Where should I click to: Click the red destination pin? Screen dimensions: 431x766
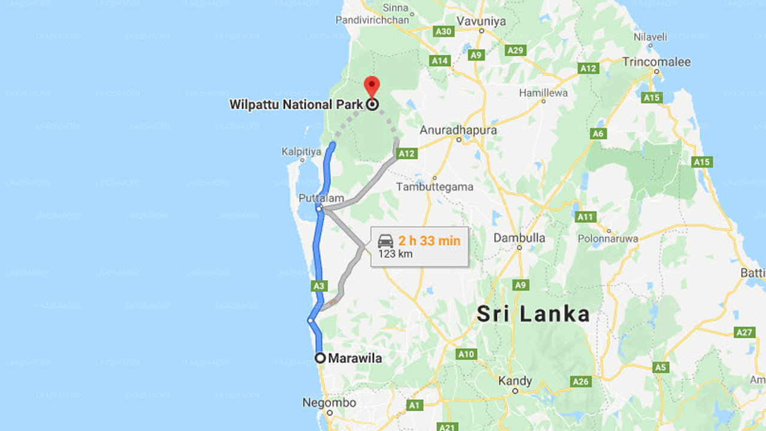372,86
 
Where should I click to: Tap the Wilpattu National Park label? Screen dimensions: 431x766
296,105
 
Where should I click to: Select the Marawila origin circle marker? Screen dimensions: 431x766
320,358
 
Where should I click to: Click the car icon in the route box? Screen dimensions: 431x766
386,241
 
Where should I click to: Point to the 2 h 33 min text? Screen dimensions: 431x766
430,241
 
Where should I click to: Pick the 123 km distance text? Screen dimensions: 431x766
395,254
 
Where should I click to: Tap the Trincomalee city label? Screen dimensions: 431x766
656,62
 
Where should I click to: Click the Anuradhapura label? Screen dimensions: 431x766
458,130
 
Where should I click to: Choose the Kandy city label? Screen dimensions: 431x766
515,381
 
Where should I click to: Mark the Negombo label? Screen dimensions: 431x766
329,403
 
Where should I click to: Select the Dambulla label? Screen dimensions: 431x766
519,238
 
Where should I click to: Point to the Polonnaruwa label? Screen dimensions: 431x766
607,239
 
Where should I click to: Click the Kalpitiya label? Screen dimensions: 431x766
301,152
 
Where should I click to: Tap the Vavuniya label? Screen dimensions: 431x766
481,22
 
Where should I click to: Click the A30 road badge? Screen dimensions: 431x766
443,31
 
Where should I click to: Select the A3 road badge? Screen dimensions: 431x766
318,286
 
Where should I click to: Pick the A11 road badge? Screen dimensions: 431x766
585,217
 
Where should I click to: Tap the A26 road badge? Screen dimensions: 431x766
580,381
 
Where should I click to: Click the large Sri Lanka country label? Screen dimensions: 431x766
533,314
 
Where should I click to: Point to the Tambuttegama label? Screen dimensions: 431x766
434,187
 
